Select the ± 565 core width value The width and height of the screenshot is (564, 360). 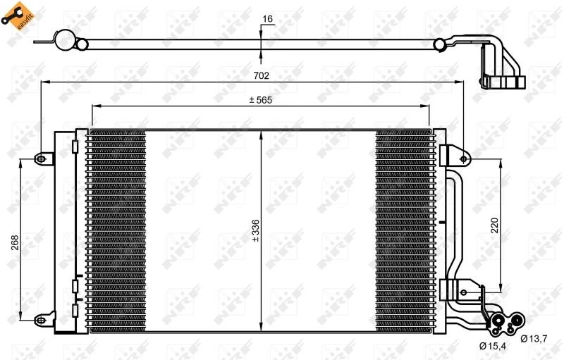260,100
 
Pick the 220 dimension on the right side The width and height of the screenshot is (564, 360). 495,225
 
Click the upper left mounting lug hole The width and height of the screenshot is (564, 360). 41,159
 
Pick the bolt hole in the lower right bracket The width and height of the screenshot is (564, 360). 464,288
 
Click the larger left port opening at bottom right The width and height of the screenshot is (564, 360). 498,325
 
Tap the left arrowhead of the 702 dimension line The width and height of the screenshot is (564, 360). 44,82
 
